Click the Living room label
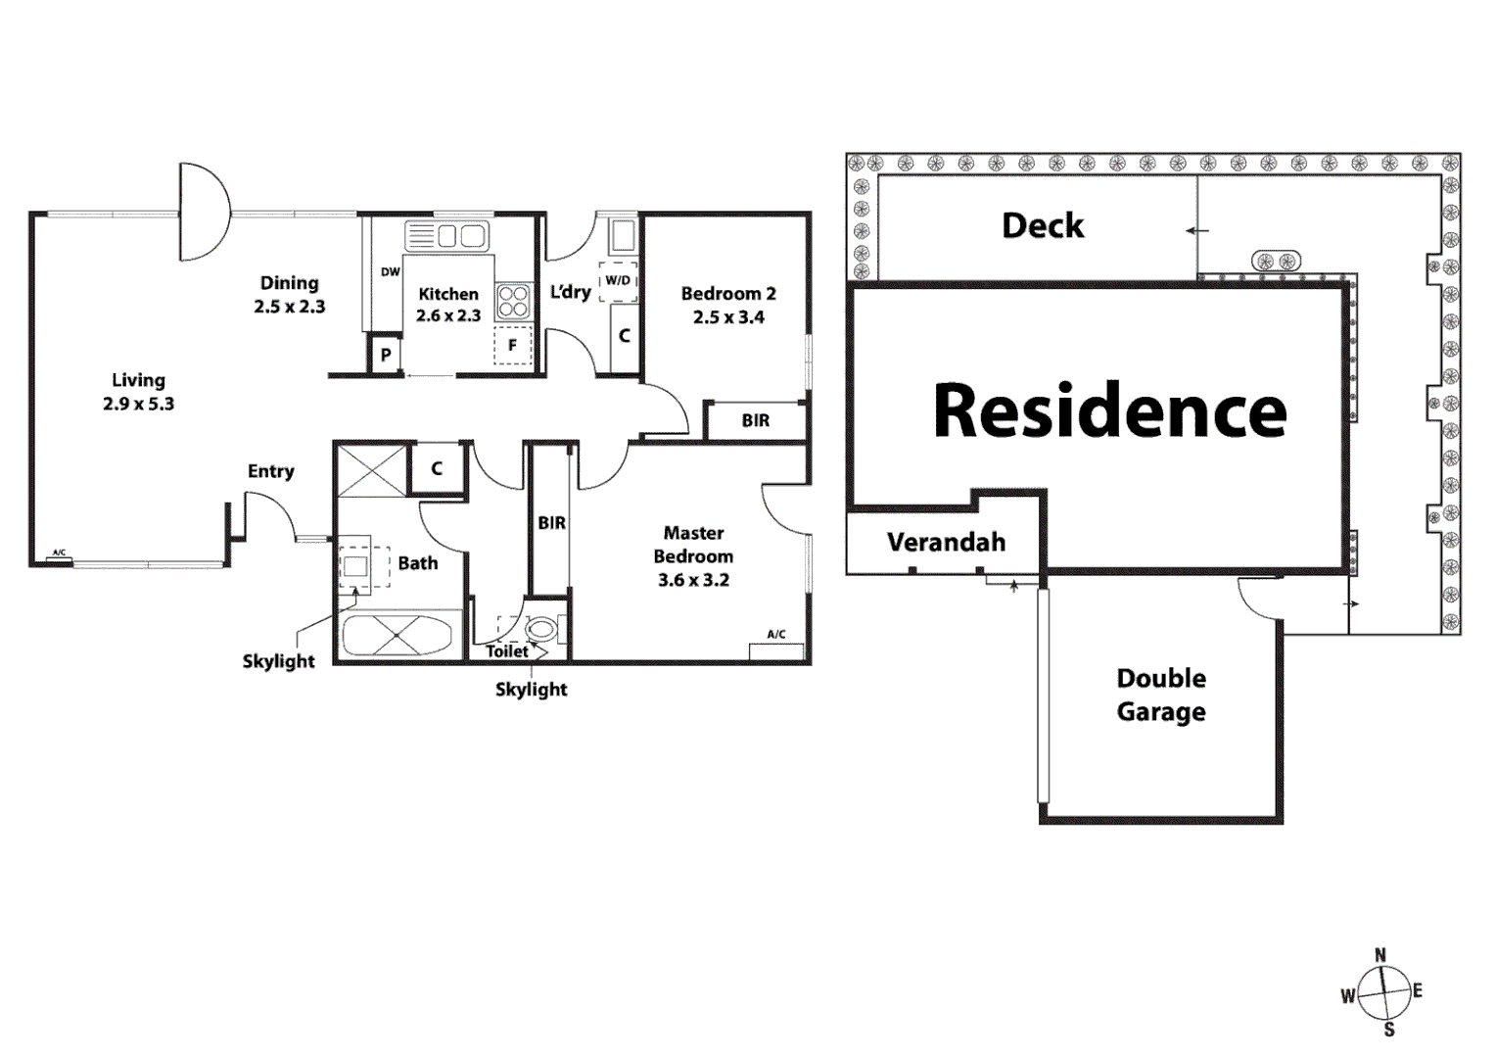tap(138, 391)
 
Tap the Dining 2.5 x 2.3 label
tap(289, 294)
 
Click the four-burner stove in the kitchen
tap(513, 301)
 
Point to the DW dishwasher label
tap(390, 272)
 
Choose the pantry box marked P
tap(385, 355)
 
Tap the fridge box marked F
tap(512, 346)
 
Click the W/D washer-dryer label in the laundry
tap(618, 280)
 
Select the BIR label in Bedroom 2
tap(755, 420)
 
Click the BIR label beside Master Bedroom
tap(551, 523)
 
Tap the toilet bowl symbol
tap(540, 629)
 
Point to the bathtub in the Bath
tap(397, 636)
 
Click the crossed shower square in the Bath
tap(371, 469)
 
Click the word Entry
tap(270, 471)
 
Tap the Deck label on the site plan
tap(1043, 226)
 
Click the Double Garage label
tap(1161, 695)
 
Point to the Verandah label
tap(946, 542)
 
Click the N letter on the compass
tap(1380, 955)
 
